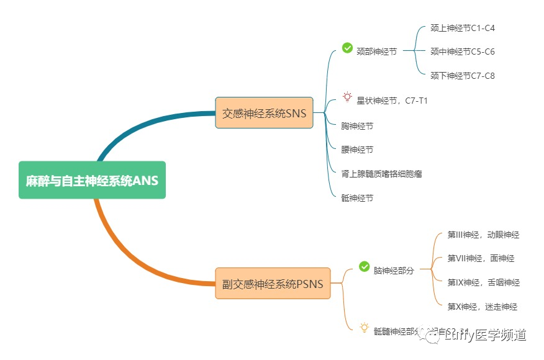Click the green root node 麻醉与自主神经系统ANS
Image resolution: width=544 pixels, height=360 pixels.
(x=92, y=181)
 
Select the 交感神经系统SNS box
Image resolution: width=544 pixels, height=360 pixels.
(x=264, y=113)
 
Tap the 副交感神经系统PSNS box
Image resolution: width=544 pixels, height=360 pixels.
(x=273, y=284)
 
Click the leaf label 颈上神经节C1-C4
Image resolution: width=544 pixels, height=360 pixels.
(x=462, y=28)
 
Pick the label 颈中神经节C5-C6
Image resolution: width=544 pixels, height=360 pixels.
(x=462, y=52)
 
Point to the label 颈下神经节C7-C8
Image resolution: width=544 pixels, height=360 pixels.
(x=462, y=76)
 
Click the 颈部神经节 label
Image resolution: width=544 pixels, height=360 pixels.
(x=376, y=52)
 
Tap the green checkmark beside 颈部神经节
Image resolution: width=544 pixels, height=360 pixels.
(x=347, y=48)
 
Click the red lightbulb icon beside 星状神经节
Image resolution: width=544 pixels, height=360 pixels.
(x=347, y=97)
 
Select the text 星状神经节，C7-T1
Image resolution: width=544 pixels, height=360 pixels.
(x=392, y=101)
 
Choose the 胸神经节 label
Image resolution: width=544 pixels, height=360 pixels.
(x=357, y=125)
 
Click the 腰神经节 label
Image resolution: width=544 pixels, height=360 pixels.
(x=357, y=150)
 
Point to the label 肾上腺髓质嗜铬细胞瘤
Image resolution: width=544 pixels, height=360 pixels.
(x=382, y=174)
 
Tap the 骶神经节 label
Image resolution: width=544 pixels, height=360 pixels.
(x=357, y=198)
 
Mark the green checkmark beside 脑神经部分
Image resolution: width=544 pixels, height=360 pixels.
(x=365, y=266)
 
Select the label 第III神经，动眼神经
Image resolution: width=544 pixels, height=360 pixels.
(x=483, y=235)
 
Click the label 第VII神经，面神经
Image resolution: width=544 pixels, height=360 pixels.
(x=481, y=259)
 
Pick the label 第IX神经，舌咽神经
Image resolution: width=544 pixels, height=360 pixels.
(x=483, y=282)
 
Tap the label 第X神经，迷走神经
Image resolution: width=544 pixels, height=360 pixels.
(x=482, y=307)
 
